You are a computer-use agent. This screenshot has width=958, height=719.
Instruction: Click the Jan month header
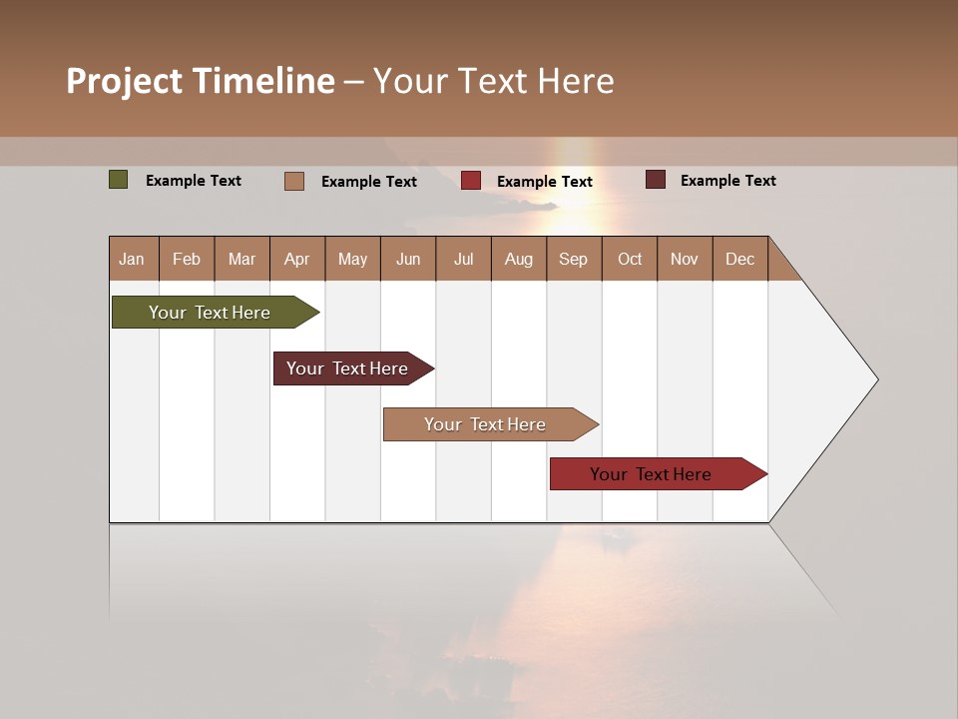click(132, 259)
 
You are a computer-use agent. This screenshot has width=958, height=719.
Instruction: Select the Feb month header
click(187, 259)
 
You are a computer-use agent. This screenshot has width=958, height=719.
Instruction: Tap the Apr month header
click(296, 259)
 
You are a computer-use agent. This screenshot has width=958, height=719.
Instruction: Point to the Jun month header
click(408, 259)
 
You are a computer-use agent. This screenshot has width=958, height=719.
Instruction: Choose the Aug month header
click(518, 259)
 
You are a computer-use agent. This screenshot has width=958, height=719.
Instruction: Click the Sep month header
click(573, 259)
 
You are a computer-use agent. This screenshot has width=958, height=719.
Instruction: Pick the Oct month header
click(630, 259)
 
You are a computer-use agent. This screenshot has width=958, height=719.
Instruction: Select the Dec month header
click(739, 259)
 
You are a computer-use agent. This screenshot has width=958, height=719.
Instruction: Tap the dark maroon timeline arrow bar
click(349, 368)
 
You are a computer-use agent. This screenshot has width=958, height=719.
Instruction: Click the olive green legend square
click(119, 180)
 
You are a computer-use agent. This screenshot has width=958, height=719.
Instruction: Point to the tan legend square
click(294, 181)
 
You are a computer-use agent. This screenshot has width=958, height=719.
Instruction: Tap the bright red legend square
click(471, 181)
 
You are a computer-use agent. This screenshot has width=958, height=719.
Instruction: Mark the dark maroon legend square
click(655, 180)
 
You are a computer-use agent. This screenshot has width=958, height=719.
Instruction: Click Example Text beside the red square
click(544, 182)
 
